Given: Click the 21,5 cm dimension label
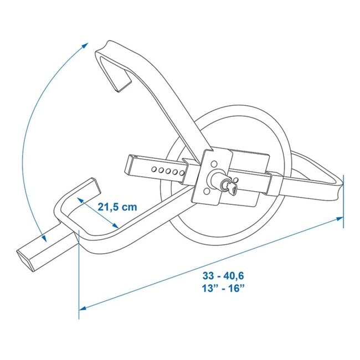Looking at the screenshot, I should [117, 207].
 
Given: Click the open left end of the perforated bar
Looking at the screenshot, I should [127, 164].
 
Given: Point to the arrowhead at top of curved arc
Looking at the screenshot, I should [86, 45].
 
